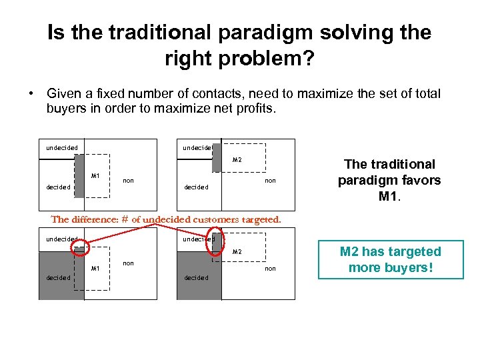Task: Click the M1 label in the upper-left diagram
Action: pyautogui.click(x=95, y=176)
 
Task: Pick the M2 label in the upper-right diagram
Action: pyautogui.click(x=237, y=160)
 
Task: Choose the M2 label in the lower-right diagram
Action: pyautogui.click(x=237, y=252)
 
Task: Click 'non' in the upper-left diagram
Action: pyautogui.click(x=129, y=180)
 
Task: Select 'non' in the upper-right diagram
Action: pyautogui.click(x=270, y=181)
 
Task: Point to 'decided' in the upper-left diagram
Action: pyautogui.click(x=59, y=187)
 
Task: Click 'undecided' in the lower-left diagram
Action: pyautogui.click(x=61, y=239)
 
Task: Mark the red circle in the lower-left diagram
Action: pyautogui.click(x=80, y=248)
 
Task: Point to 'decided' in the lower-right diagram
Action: pyautogui.click(x=196, y=278)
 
